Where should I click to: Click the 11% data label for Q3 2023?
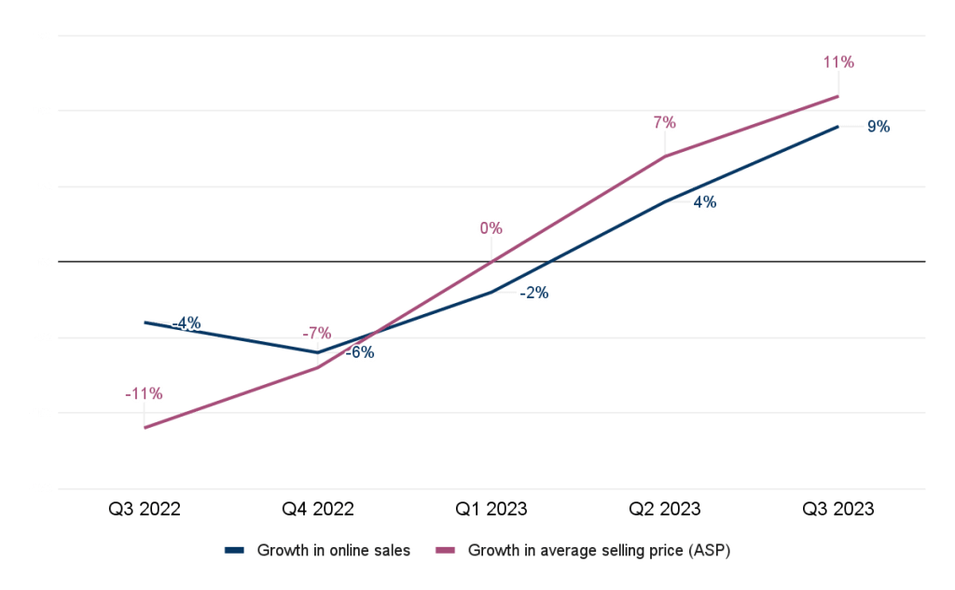coord(837,63)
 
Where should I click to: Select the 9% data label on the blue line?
coord(878,126)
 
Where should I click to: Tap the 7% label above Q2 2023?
coord(664,123)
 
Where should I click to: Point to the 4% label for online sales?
coord(704,201)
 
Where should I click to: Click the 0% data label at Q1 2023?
coord(491,227)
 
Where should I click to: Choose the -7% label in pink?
coord(317,334)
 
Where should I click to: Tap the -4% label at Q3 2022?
coord(187,323)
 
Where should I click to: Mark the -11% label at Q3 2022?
coord(144,394)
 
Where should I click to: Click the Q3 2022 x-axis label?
coord(144,509)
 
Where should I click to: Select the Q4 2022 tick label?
coord(317,509)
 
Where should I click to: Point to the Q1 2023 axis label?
coord(491,509)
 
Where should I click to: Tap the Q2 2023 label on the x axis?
coord(664,509)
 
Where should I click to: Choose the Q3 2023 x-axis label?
coord(837,509)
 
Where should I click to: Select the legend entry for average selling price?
coord(599,550)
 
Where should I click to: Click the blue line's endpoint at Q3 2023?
coord(837,125)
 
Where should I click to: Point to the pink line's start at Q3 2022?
coord(145,428)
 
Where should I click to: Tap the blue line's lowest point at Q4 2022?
coord(317,352)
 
